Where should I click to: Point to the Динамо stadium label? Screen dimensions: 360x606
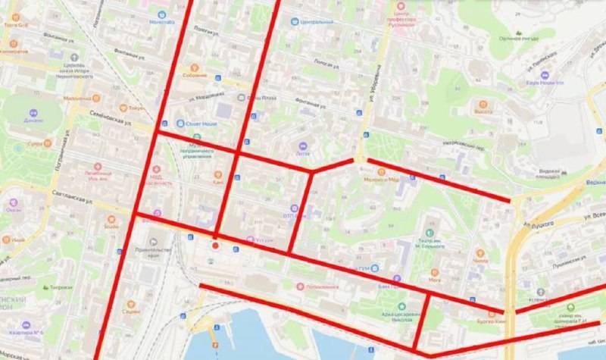tap(33, 121)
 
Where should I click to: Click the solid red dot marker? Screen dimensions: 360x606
tap(216, 245)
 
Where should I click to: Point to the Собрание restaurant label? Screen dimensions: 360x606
tap(193, 74)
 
